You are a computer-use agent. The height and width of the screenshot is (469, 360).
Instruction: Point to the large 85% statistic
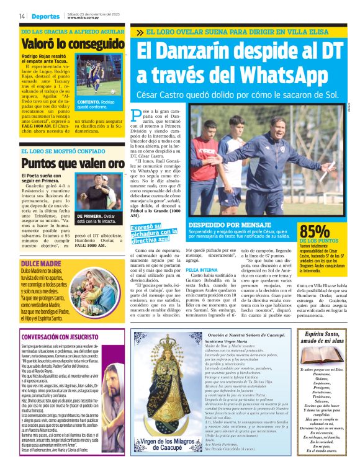pos(315,230)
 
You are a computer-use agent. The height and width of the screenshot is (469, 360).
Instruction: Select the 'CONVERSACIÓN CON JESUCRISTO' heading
pos(62,337)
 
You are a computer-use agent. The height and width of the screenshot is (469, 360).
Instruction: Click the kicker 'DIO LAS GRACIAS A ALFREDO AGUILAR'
pos(72,30)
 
